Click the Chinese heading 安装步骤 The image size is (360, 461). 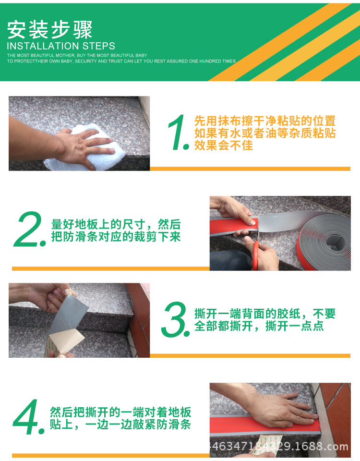tap(49, 29)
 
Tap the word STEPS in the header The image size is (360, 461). tap(99, 46)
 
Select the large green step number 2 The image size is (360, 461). tap(29, 229)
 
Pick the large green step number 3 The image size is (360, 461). tap(175, 319)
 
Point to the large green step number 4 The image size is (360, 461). tap(28, 417)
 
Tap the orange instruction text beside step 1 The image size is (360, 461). tap(264, 133)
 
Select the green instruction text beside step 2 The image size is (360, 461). tap(116, 230)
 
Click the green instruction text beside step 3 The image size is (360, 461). tap(264, 320)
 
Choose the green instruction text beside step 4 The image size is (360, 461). tap(120, 418)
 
